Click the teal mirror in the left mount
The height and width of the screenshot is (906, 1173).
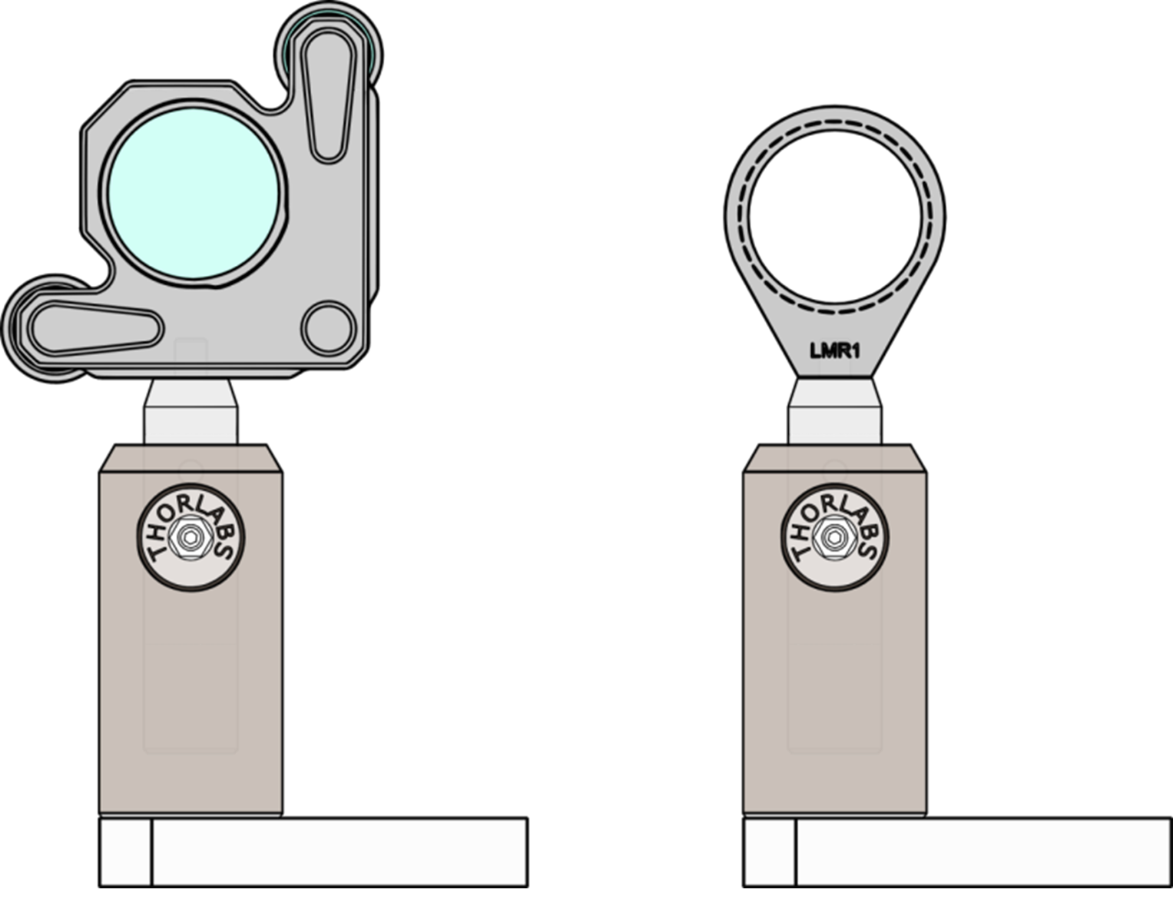coord(194,193)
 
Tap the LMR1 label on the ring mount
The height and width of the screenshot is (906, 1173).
coord(835,351)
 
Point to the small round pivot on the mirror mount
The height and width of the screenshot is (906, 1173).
coord(328,327)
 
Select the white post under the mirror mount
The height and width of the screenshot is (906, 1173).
coord(191,413)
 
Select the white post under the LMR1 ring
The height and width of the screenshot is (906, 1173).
coord(835,413)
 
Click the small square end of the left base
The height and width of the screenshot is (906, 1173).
coord(125,852)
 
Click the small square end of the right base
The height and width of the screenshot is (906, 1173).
coord(770,852)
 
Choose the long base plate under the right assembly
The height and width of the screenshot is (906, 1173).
coord(983,852)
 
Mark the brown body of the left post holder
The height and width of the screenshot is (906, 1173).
coord(191,692)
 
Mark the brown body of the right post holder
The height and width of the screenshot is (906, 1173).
coord(835,692)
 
